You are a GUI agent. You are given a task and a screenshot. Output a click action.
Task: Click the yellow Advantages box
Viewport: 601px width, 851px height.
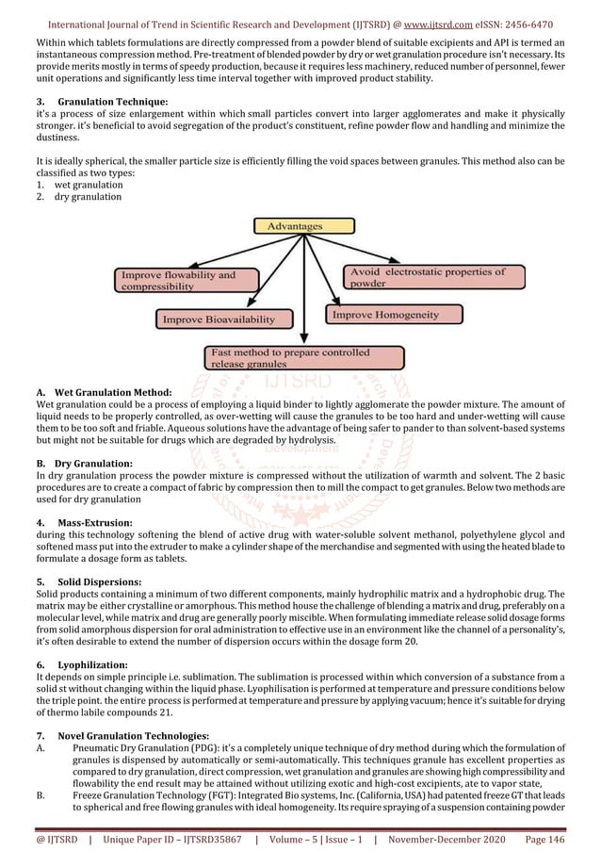(294, 226)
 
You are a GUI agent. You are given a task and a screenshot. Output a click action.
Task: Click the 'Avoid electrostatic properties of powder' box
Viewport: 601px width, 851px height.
(427, 277)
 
